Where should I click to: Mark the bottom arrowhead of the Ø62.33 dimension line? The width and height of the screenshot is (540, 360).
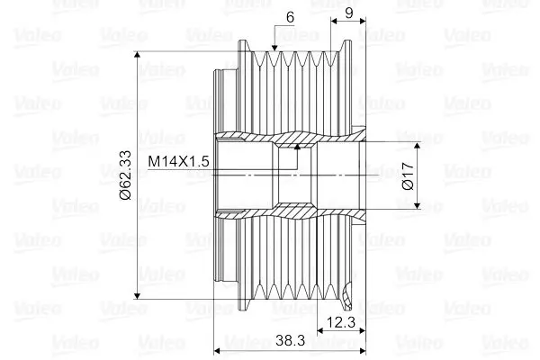point(137,294)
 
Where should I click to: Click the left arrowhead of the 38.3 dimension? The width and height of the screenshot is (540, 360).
point(217,349)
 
